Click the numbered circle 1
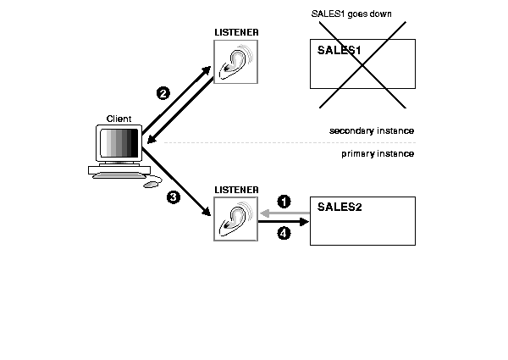284,202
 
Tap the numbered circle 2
164,93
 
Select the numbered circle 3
173,197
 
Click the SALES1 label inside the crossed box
340,51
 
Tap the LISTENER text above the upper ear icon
237,31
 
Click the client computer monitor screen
118,145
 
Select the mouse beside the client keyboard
151,183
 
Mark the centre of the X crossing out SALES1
363,64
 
